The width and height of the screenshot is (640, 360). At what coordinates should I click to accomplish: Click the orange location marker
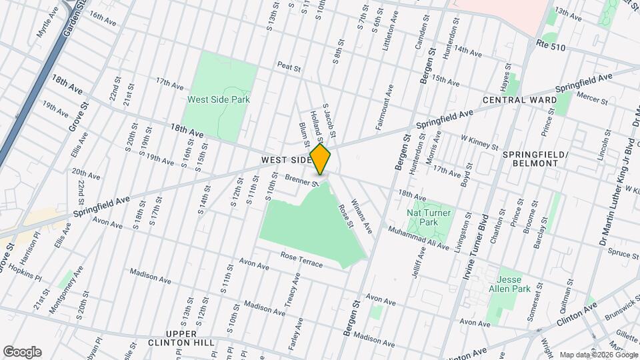coord(321,159)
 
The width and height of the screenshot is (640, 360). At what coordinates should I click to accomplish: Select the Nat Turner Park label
coord(427,217)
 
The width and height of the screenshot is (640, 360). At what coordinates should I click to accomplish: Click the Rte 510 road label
coord(551,43)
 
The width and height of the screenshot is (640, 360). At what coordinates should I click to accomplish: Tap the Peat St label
coord(290,67)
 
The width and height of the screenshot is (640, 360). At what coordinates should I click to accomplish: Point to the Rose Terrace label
coord(301,260)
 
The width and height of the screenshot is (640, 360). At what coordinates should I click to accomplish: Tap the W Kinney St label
coord(479,143)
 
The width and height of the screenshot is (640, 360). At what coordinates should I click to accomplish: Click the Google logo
coord(22,351)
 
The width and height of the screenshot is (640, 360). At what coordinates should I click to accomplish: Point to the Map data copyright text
coord(597,355)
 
